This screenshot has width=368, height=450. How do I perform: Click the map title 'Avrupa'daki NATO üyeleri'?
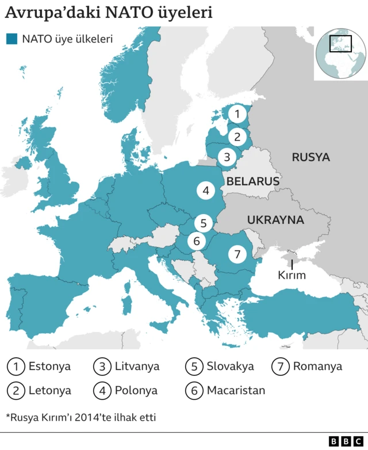tap(109, 13)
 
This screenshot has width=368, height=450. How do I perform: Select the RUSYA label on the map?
tap(310, 157)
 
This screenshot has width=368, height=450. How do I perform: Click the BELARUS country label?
tap(252, 181)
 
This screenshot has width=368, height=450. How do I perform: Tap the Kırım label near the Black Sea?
tap(292, 274)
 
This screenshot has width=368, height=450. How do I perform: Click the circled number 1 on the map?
tap(236, 114)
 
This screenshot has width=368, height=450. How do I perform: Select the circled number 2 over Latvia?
tap(236, 137)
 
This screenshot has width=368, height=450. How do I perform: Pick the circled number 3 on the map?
tap(227, 156)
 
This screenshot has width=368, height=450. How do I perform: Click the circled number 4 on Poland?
tap(205, 190)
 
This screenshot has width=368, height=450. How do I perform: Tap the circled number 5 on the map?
tap(203, 223)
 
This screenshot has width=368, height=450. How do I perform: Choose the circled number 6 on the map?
tap(196, 241)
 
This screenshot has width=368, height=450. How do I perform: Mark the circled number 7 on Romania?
tap(237, 253)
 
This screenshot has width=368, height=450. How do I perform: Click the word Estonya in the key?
tap(49, 366)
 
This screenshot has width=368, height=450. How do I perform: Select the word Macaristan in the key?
tap(236, 390)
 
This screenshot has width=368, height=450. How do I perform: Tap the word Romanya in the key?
tap(317, 366)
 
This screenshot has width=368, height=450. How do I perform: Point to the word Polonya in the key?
tap(136, 390)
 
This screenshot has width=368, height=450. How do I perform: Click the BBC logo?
tap(341, 441)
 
